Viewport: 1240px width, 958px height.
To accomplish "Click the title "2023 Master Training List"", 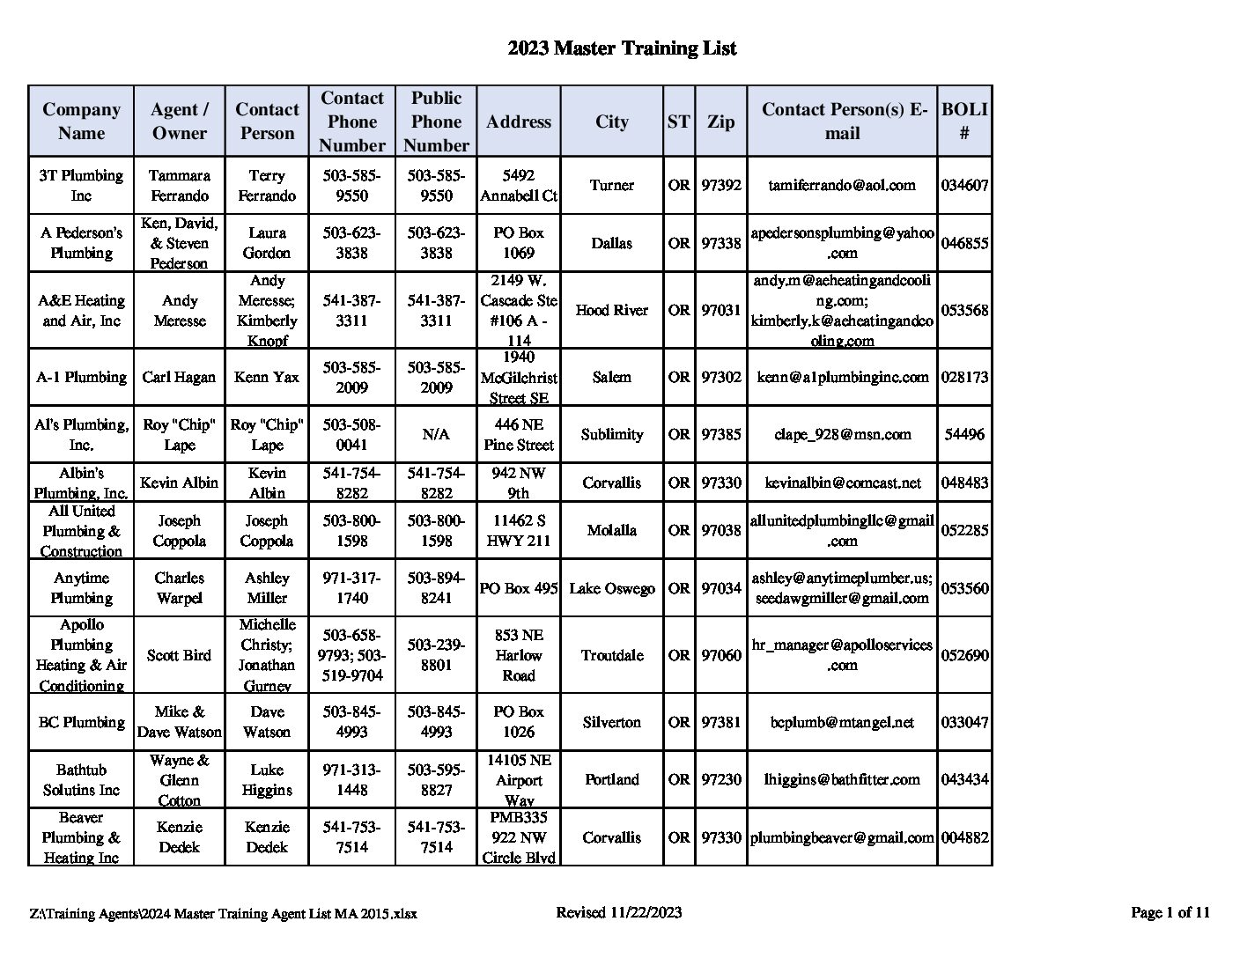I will [x=621, y=48].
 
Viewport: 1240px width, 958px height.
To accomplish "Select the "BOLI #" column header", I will [x=964, y=122].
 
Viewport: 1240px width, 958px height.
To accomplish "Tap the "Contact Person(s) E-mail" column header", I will [x=842, y=122].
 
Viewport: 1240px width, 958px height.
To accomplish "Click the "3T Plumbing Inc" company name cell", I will [x=81, y=185].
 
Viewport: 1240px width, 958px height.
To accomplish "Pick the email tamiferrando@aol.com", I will [x=842, y=185].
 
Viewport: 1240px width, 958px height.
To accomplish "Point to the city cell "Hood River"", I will [x=611, y=310].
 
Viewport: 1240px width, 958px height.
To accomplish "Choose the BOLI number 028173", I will [x=964, y=377].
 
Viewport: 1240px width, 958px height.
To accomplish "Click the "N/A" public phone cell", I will [x=436, y=434].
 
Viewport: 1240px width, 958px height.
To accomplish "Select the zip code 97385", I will [x=720, y=434].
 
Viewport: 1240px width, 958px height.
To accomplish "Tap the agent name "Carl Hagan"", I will [x=179, y=377].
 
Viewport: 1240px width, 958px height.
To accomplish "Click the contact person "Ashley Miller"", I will [x=267, y=587].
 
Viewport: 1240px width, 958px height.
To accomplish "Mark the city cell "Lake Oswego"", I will [x=611, y=587].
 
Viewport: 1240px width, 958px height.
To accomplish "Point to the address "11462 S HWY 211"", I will [x=519, y=530].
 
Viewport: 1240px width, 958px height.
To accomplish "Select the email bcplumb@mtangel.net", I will [x=842, y=722].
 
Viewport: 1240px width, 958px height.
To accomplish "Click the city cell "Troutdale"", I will [x=611, y=655].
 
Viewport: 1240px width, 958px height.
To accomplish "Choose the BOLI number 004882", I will [x=964, y=837].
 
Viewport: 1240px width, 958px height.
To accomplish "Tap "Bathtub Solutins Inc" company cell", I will [x=81, y=780].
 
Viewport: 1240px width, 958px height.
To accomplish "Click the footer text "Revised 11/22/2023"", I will [x=619, y=912].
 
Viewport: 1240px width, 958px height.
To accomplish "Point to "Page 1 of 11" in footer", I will [x=1170, y=912].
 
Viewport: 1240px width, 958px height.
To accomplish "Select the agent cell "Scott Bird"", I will [x=179, y=655].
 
